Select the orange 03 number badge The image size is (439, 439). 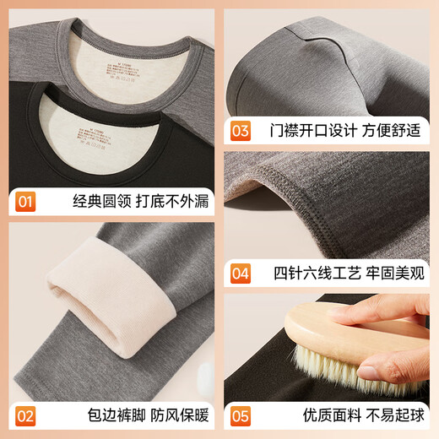[x=241, y=131]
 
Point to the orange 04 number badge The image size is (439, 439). [x=241, y=274]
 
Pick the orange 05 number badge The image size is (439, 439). [x=241, y=415]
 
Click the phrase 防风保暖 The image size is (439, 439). [x=170, y=415]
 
